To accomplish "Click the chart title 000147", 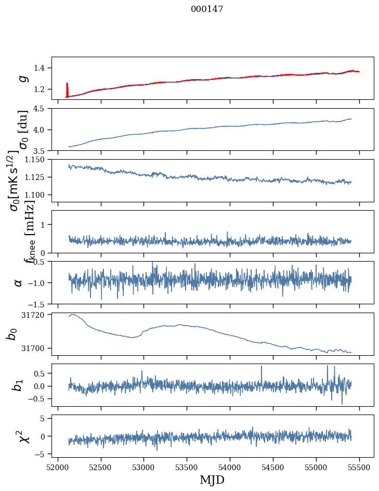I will click(207, 9).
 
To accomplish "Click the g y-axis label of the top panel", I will click(22, 78).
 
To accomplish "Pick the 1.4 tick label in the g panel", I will click(42, 68).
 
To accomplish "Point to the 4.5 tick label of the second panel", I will click(42, 109).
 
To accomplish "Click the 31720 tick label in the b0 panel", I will click(37, 315).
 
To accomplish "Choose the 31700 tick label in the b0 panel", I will click(37, 348).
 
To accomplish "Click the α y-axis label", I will click(19, 282).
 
